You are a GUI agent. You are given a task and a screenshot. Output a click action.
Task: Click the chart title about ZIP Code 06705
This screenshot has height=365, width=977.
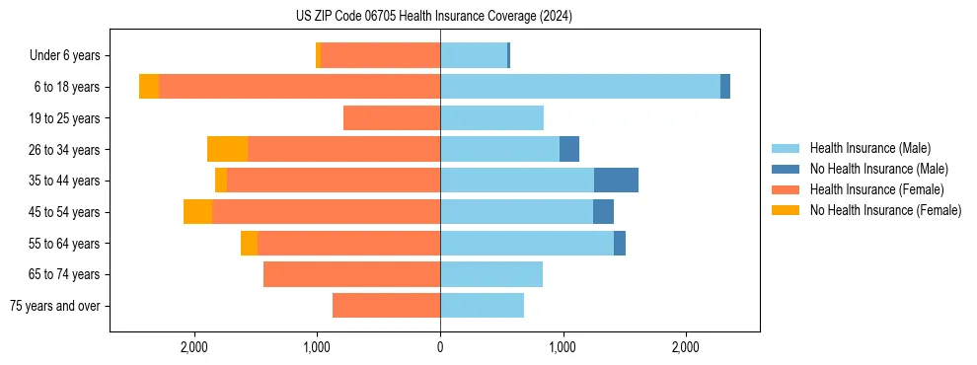point(434,16)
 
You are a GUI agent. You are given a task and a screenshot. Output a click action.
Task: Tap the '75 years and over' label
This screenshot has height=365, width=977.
point(55,306)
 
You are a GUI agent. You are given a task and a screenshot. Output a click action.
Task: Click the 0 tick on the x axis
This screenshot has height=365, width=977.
point(440,347)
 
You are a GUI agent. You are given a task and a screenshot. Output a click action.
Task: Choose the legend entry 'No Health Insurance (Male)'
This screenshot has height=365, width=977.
point(878,169)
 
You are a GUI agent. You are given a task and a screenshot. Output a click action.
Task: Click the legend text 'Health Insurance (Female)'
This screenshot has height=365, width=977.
point(876,189)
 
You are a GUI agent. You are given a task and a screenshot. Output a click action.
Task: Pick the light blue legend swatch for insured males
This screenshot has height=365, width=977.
point(786,148)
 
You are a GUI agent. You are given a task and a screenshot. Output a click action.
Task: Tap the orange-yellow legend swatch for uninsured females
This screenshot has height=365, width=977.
point(786,210)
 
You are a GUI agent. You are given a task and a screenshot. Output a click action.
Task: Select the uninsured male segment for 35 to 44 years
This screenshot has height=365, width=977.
point(616,181)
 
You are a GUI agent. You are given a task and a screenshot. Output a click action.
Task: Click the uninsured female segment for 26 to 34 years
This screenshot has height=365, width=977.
point(227,149)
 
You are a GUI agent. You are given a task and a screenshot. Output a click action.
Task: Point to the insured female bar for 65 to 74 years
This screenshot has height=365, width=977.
point(351,274)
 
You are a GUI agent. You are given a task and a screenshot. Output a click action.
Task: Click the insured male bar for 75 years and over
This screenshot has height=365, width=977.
point(482,306)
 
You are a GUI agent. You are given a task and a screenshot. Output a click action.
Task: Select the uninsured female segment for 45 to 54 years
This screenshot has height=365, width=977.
point(197,212)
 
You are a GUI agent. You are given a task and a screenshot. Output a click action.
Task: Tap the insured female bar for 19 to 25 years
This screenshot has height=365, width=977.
point(392,118)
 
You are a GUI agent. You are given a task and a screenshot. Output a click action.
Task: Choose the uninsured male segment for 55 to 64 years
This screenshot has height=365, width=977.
point(620,243)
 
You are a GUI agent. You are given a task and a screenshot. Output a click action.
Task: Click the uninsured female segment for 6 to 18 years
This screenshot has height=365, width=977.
point(149,87)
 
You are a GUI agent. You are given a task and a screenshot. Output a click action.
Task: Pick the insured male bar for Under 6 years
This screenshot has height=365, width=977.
point(474,56)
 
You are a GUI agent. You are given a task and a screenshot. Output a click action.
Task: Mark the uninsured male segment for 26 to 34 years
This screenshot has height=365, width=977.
point(569,149)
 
